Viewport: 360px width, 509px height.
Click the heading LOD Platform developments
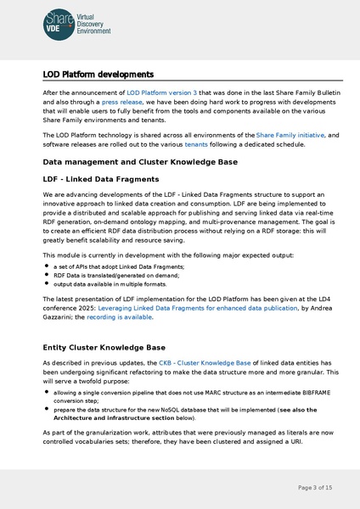click(x=98, y=75)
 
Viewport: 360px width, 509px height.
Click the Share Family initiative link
click(x=290, y=135)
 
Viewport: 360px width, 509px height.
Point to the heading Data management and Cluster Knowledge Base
click(x=139, y=161)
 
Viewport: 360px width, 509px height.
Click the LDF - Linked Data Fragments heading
click(x=100, y=179)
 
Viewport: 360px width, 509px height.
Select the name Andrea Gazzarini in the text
click(x=59, y=317)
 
